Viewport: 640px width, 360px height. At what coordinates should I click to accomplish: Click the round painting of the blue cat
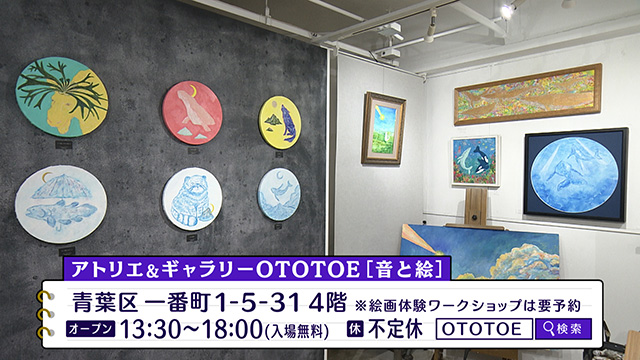point(192,199)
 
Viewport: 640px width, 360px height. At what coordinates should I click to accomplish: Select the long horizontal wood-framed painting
point(527,94)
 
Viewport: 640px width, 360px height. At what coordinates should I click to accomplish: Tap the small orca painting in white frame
point(475,160)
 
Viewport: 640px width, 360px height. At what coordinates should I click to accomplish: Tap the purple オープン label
point(91,328)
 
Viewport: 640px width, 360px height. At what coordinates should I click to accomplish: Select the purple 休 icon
point(354,328)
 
